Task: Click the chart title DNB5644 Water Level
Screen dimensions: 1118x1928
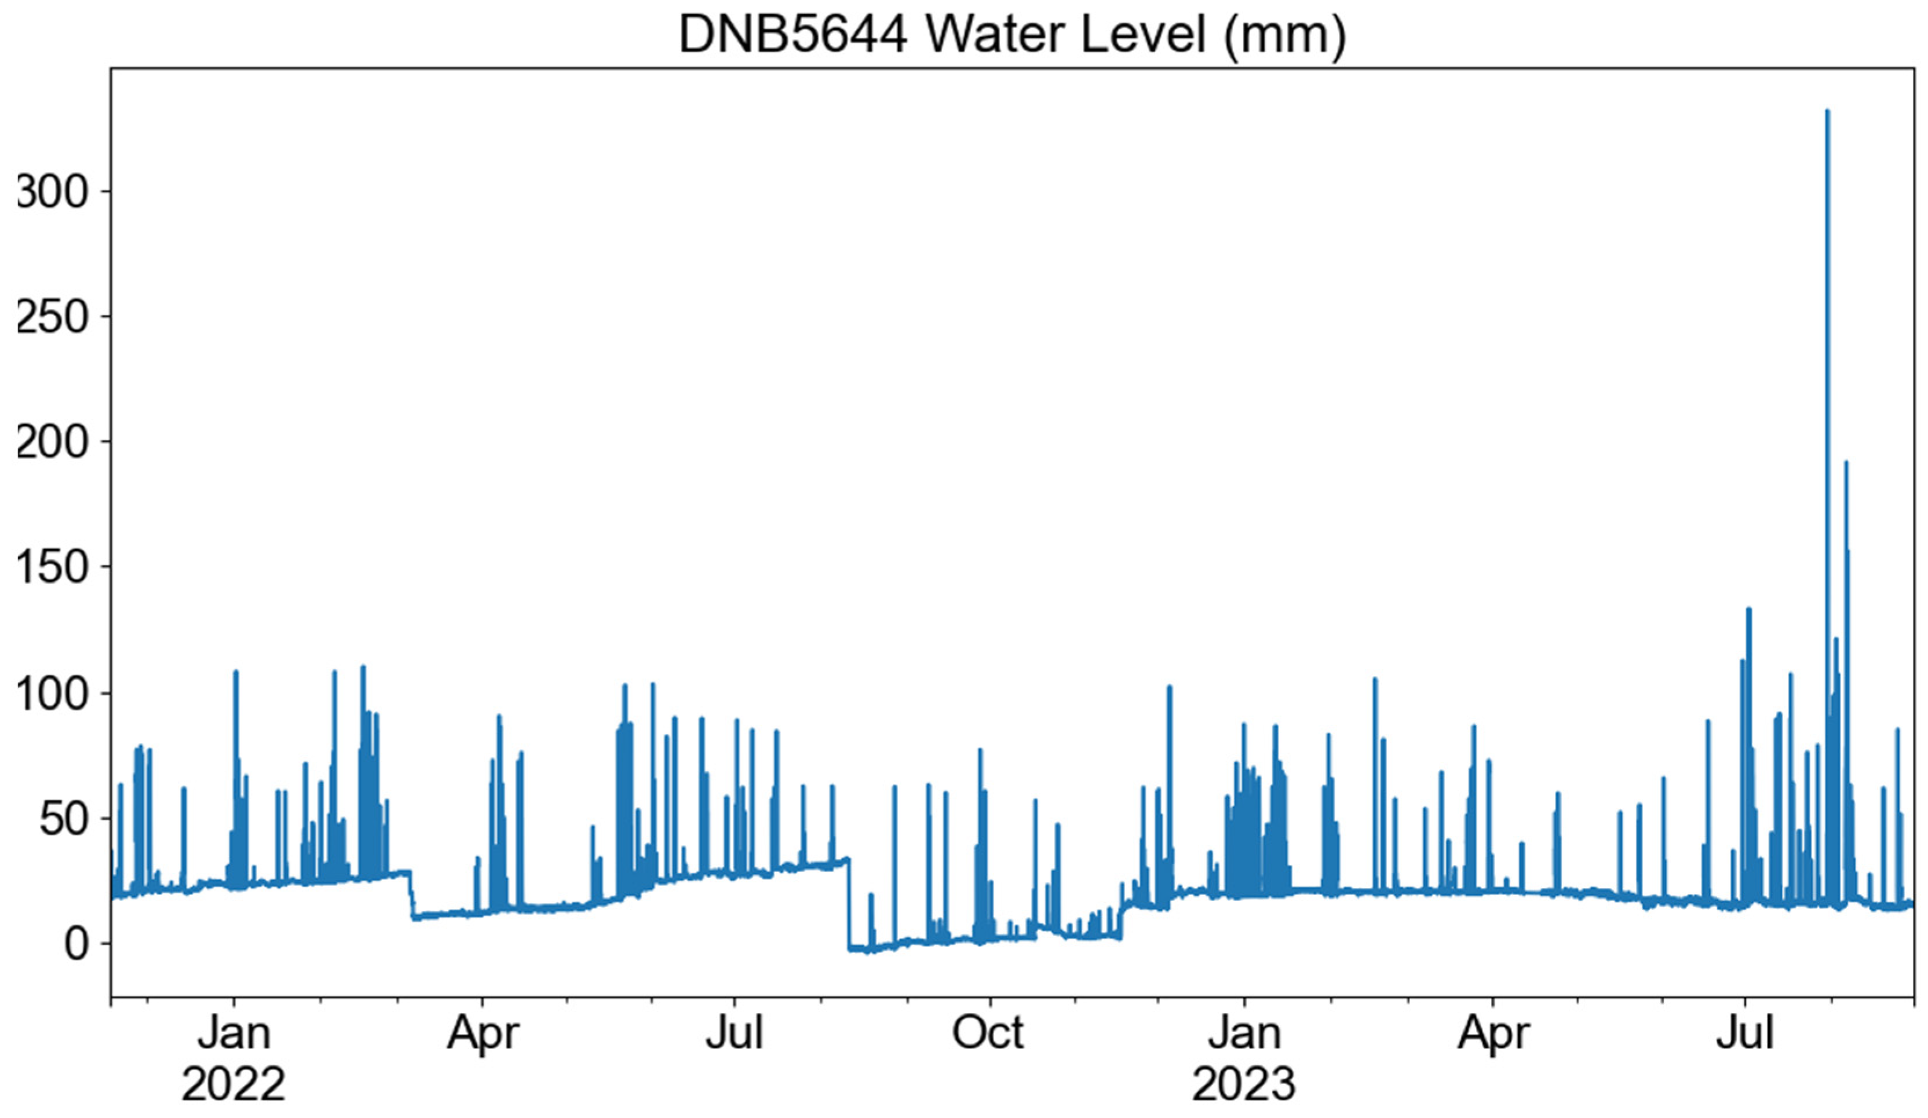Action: pos(1012,35)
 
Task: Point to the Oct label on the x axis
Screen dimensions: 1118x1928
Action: pos(988,1034)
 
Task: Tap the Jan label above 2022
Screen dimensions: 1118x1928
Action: pos(233,1034)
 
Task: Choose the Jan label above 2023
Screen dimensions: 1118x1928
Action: pos(1244,1034)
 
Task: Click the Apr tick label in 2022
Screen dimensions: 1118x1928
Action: pos(483,1034)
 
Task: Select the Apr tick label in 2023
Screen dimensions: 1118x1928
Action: pos(1493,1034)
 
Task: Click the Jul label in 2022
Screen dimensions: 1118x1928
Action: pos(735,1034)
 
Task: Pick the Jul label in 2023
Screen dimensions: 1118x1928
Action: pos(1744,1034)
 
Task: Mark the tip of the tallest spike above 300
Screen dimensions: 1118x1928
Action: pos(1827,111)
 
